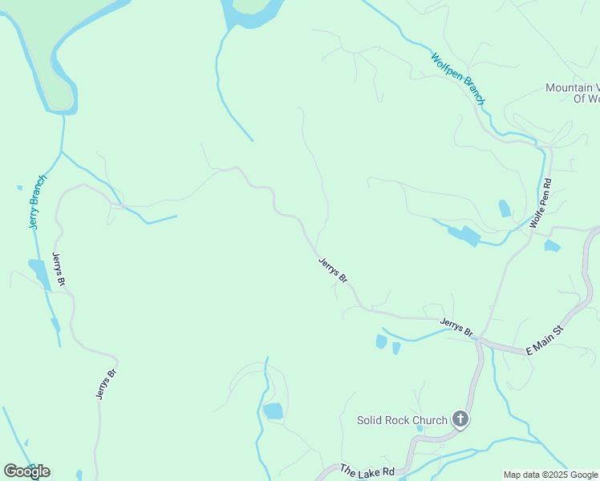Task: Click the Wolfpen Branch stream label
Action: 458,79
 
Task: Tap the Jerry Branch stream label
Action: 38,201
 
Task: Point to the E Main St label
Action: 545,340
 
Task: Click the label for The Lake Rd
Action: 367,472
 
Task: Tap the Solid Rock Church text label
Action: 402,420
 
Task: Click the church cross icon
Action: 460,418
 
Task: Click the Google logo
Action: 26,471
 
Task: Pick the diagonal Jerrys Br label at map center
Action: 333,270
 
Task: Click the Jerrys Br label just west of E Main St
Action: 456,327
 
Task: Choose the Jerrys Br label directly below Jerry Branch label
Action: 58,270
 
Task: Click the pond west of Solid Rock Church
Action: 274,411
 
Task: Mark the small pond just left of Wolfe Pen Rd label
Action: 505,208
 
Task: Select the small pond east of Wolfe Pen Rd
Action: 552,245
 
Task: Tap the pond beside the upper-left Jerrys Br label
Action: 38,271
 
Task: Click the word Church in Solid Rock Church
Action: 429,420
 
